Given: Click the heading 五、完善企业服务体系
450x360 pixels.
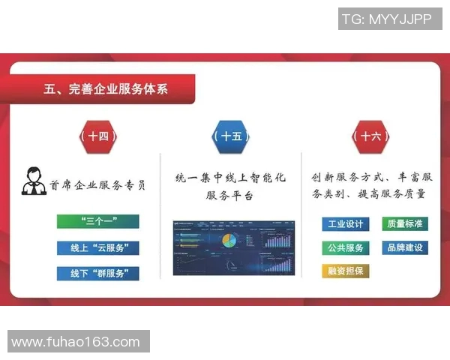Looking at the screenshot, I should (106, 89).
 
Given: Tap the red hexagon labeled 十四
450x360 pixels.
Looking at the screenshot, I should (98, 136).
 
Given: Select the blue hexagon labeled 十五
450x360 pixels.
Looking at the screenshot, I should (229, 136).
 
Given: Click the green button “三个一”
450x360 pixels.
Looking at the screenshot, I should (98, 221).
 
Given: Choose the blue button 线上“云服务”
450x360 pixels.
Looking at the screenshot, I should (98, 247).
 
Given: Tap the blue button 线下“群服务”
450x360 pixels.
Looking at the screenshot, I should (98, 273).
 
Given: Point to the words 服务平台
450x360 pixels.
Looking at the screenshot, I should (229, 196).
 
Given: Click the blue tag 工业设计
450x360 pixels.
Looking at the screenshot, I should (344, 223).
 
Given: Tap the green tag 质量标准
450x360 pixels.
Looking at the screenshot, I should (405, 223).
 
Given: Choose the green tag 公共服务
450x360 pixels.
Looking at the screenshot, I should (344, 247).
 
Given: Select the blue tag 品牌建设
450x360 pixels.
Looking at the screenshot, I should (405, 247).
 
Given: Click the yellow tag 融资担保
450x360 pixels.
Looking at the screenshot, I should (345, 271).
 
